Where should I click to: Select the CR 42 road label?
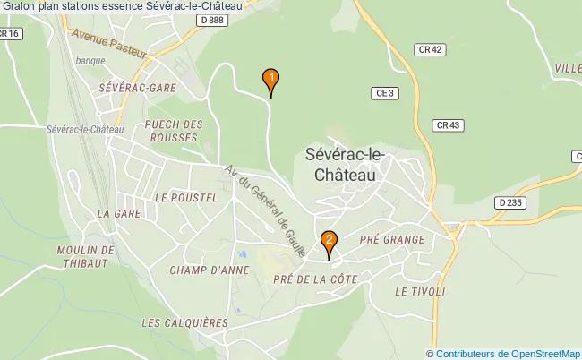pos(431,51)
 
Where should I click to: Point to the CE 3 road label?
pos(385,92)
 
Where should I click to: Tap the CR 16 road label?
pos(10,33)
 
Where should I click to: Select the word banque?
pos(91,61)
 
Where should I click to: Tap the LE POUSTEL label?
pos(185,197)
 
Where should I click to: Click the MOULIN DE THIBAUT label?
pos(85,256)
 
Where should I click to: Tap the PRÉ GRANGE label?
pos(391,239)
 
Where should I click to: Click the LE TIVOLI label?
pos(419,292)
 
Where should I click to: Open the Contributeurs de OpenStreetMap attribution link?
pos(509,353)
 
